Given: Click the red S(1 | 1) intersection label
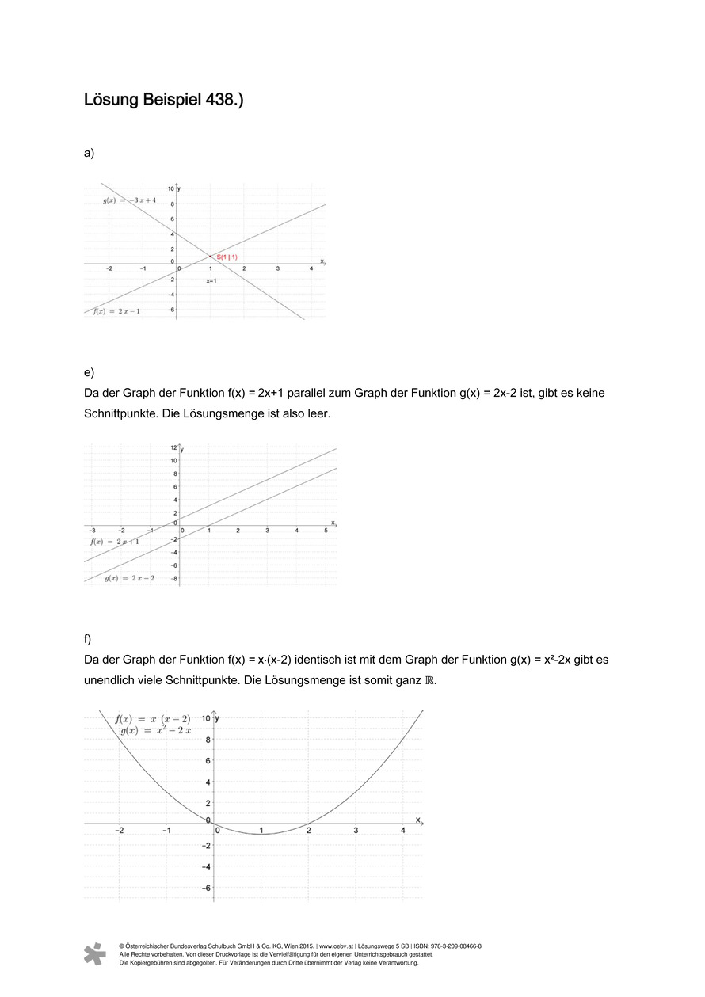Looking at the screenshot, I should coord(227,257).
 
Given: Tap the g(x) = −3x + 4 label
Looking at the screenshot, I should coord(129,201).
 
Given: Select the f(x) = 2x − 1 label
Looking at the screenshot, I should coord(117,311).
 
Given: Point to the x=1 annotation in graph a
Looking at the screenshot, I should coord(211,281).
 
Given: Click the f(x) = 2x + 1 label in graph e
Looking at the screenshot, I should coord(115,542).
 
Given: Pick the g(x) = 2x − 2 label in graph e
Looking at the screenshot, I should coord(130,578).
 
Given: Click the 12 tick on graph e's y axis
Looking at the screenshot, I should coord(173,448).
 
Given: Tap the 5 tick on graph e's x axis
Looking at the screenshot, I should coord(326,530).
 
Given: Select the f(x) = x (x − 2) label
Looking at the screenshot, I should coord(153,719).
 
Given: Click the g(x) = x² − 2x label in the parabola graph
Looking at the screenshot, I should coord(156,731).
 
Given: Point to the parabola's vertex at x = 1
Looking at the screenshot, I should coord(261,834).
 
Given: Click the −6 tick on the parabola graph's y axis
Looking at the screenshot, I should coord(207,888).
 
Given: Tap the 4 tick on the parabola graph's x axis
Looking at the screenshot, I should coord(403,830).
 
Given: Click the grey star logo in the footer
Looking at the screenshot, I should coord(95,954).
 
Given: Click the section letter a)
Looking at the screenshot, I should coord(89,153).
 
